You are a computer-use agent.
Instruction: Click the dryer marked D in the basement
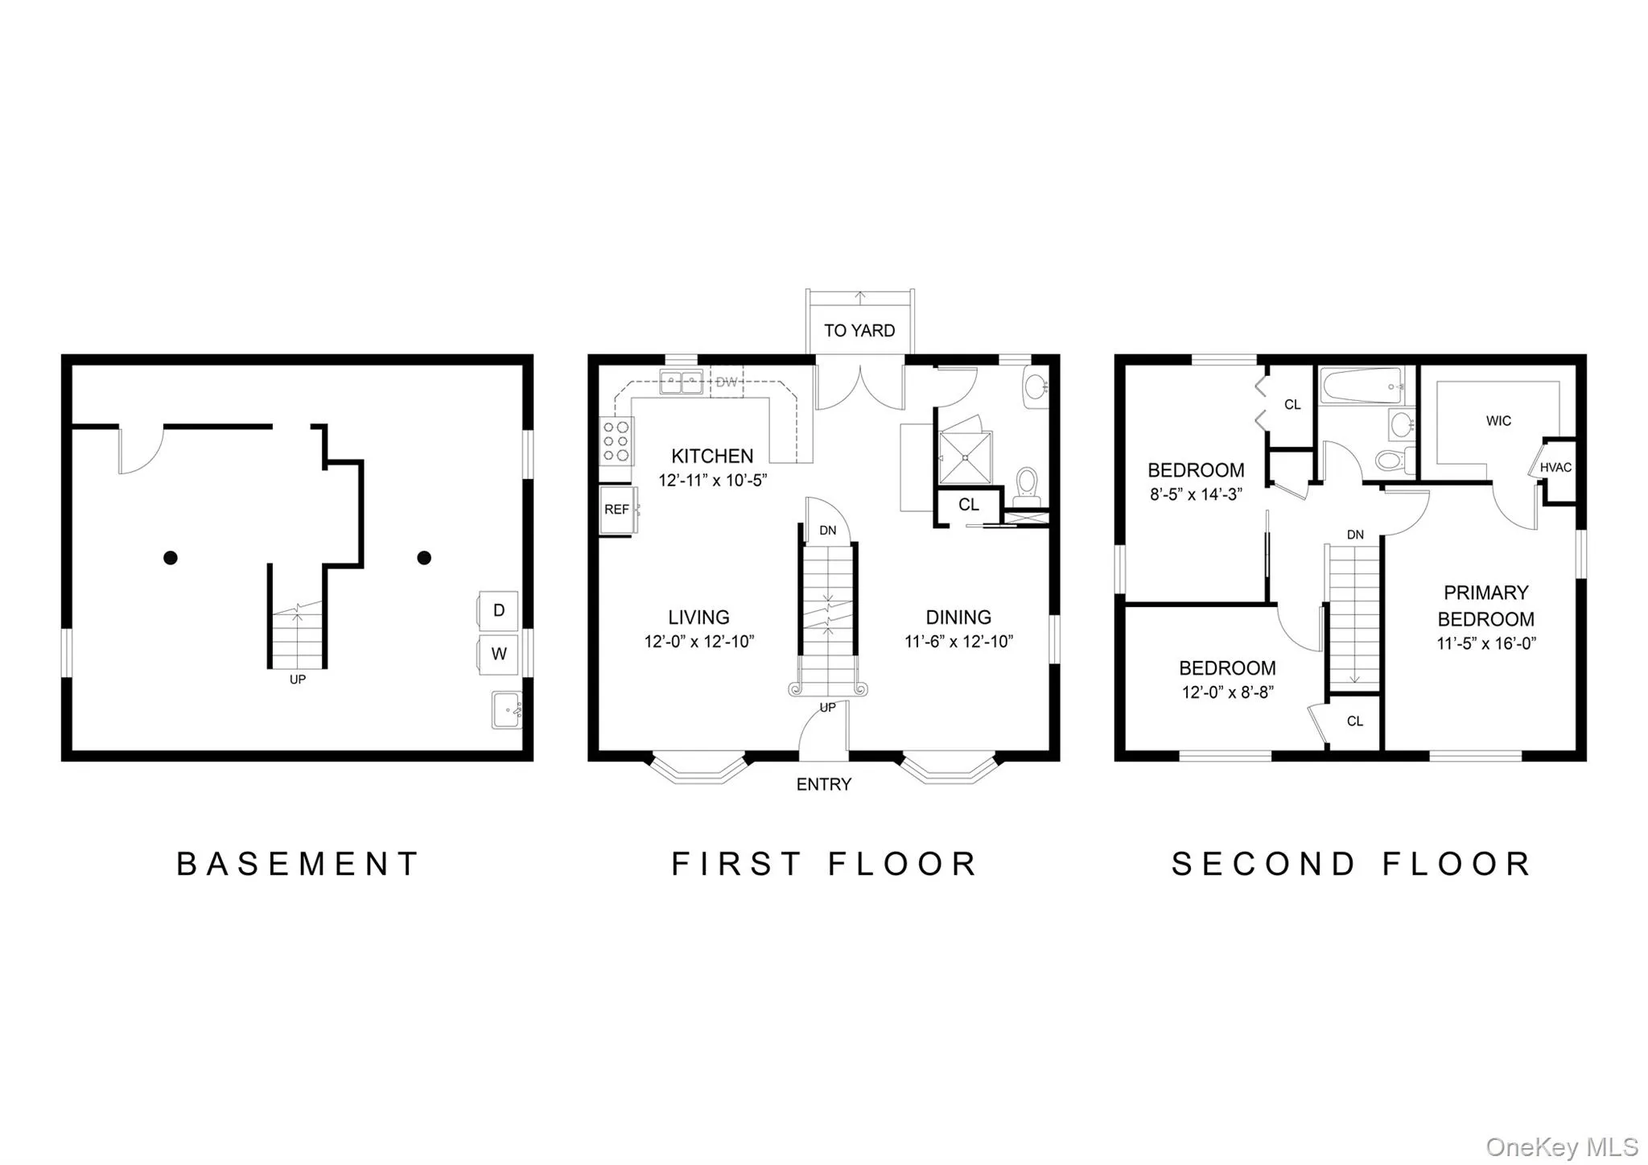click(x=499, y=610)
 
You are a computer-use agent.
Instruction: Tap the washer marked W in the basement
click(x=499, y=654)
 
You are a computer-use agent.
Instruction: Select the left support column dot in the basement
click(x=171, y=557)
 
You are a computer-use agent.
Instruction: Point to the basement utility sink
click(x=507, y=710)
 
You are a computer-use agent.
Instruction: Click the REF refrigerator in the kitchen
click(x=618, y=510)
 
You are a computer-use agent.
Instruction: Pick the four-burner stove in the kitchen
click(x=617, y=441)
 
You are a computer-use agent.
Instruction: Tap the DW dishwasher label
click(x=727, y=382)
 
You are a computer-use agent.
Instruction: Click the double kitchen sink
click(x=681, y=382)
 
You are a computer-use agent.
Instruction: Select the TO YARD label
click(x=859, y=331)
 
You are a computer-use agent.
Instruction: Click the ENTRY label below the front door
click(x=824, y=784)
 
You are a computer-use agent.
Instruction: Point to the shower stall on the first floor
click(x=966, y=457)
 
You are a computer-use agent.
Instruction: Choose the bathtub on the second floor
click(x=1363, y=386)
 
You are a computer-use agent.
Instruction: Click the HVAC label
click(x=1555, y=468)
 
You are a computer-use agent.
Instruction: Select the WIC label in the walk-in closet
click(x=1498, y=421)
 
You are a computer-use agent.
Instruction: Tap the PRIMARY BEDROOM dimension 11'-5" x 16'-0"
click(x=1486, y=643)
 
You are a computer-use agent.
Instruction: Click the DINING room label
click(x=958, y=618)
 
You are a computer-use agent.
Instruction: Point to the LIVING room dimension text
click(x=699, y=642)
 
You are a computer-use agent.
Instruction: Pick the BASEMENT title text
click(x=298, y=864)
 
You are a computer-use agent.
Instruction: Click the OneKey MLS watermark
click(x=1562, y=1146)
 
